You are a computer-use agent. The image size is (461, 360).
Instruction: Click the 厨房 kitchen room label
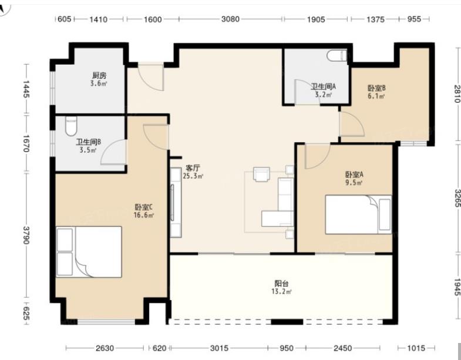[x=99, y=75]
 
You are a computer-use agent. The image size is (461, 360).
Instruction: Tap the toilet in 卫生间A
[x=337, y=55]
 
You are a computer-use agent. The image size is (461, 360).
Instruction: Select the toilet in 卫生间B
[x=71, y=126]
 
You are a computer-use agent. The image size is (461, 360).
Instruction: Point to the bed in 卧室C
[x=89, y=252]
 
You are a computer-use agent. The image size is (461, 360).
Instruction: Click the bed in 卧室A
[x=358, y=214]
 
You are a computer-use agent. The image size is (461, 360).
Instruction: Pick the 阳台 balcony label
[x=281, y=283]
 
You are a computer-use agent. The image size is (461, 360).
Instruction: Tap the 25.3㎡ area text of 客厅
[x=193, y=176]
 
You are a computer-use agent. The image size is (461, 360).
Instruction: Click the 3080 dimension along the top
[x=230, y=19]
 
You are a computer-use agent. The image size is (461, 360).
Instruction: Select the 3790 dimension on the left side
[x=26, y=235]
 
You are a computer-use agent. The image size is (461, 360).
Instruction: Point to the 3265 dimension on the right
[x=457, y=198]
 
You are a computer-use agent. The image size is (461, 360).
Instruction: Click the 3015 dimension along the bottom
[x=219, y=348]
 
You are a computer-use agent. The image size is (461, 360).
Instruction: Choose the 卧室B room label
[x=376, y=88]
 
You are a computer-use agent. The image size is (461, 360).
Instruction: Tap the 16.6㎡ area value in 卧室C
[x=144, y=215]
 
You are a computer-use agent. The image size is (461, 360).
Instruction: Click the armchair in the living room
[x=261, y=174]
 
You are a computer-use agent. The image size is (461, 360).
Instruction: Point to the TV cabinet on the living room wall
[x=176, y=203]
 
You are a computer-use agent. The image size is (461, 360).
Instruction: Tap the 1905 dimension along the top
[x=316, y=19]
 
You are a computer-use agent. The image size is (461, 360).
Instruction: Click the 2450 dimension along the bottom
[x=342, y=348]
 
